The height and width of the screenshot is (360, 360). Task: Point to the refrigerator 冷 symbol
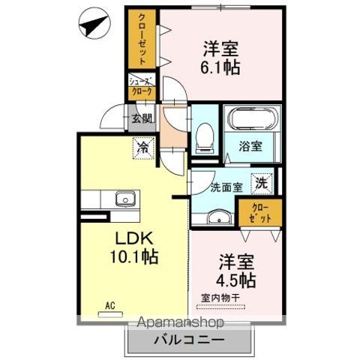[x=142, y=148]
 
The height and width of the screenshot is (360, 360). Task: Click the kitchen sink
[x=123, y=199]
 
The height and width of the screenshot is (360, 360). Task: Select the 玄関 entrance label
[x=142, y=118]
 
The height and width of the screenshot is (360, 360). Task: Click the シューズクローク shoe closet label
[x=142, y=87]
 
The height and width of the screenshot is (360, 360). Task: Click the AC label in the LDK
[x=109, y=306]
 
